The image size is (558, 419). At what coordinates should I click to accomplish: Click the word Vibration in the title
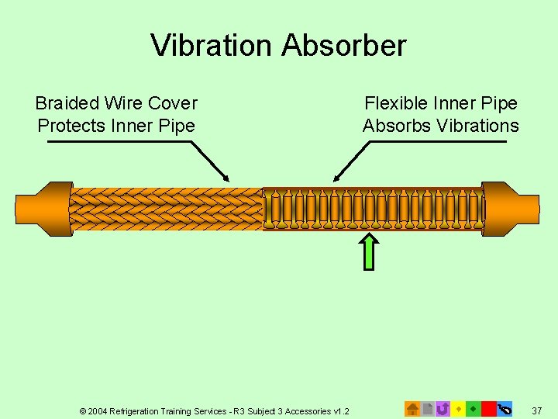tap(212, 46)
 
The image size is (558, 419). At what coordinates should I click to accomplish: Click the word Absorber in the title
tap(343, 46)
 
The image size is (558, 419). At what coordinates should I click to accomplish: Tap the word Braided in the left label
tap(67, 103)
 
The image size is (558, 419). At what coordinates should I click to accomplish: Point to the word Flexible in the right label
tap(396, 103)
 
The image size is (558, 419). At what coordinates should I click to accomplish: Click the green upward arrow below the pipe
tap(370, 251)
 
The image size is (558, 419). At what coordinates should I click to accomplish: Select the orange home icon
tap(412, 408)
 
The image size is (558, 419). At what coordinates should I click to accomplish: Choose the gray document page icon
tap(427, 408)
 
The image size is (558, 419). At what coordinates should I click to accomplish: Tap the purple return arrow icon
tap(443, 408)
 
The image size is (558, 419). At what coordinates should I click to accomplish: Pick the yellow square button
tap(458, 408)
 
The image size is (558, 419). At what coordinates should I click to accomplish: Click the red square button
tap(488, 408)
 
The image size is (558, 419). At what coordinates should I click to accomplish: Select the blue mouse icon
tap(505, 408)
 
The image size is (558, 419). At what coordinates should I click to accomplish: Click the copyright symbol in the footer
tap(83, 410)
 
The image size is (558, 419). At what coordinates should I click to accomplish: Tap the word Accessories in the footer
tap(308, 410)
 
